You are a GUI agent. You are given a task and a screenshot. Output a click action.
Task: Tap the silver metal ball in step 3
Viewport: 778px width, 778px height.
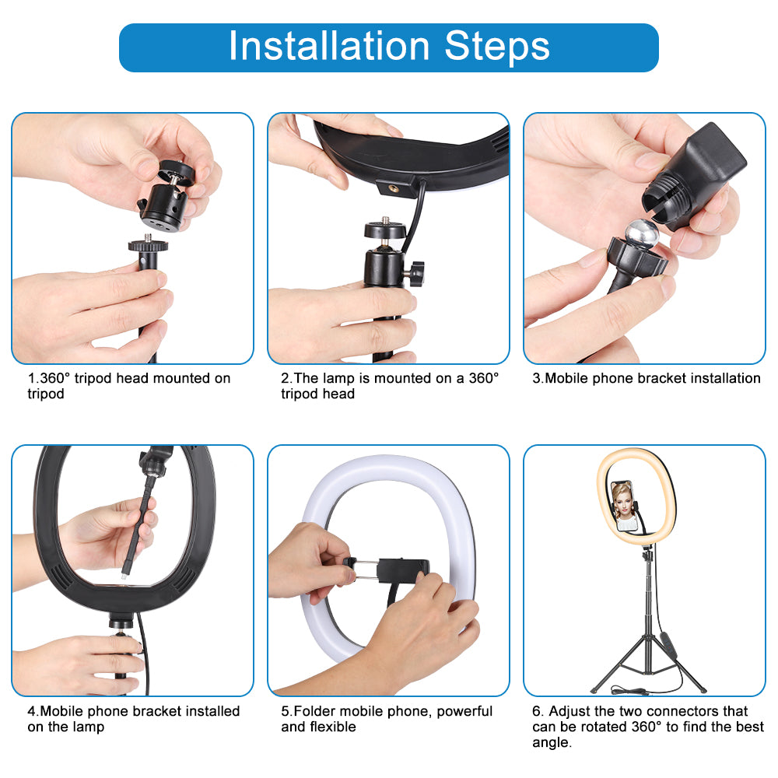click(x=644, y=234)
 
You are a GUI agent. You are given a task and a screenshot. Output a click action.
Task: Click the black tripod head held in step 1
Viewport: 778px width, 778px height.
click(x=166, y=191)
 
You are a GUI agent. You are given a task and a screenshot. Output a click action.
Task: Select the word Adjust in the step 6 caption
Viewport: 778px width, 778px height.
click(x=573, y=711)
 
